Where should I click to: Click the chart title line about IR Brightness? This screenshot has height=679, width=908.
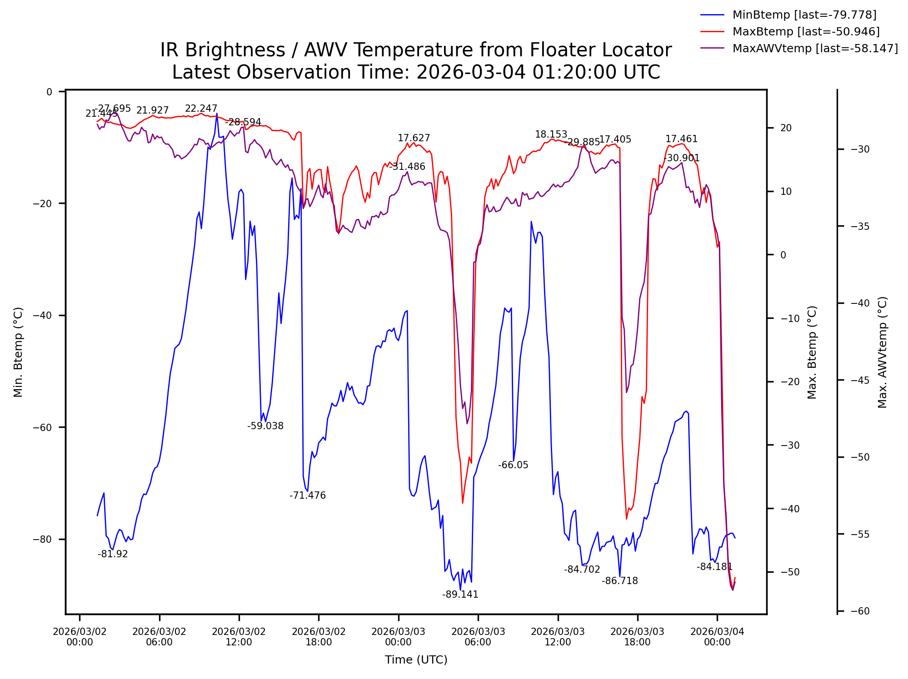[x=416, y=50]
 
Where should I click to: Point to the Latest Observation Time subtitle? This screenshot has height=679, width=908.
[x=416, y=72]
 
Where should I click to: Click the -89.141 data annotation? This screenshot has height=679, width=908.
[x=460, y=595]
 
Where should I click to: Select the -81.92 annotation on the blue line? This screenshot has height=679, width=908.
[x=113, y=554]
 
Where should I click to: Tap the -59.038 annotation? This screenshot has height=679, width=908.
[x=265, y=426]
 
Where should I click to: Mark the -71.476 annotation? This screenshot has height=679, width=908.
[x=308, y=496]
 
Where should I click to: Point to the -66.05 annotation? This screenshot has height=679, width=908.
[x=513, y=465]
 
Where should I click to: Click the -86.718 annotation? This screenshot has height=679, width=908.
[x=620, y=581]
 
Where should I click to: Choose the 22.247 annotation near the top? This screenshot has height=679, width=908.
[x=201, y=109]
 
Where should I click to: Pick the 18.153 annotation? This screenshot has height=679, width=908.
[x=551, y=134]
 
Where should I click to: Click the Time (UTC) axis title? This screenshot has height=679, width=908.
[x=416, y=660]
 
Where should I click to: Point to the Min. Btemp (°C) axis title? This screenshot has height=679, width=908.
[x=18, y=352]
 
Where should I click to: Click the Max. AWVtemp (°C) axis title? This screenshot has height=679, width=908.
[x=883, y=352]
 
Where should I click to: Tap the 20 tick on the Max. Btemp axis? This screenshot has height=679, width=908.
[x=786, y=128]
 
